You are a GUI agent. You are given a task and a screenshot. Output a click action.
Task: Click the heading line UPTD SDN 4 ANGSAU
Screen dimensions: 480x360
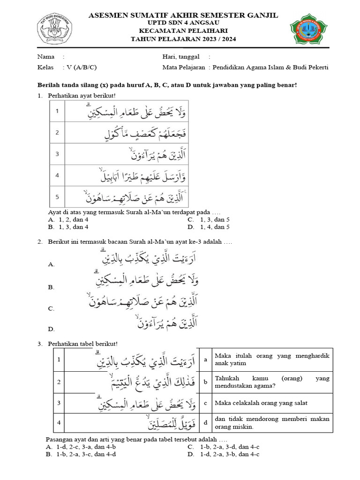pyautogui.click(x=183, y=22)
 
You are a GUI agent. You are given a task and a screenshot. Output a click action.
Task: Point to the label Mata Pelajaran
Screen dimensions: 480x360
pyautogui.click(x=184, y=67)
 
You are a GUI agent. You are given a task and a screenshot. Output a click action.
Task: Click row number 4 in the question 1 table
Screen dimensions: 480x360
pyautogui.click(x=57, y=176)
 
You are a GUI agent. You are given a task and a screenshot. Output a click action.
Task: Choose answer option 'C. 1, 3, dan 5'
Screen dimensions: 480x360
pyautogui.click(x=209, y=219)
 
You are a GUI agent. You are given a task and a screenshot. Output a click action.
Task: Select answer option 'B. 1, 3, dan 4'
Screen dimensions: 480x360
pyautogui.click(x=68, y=227)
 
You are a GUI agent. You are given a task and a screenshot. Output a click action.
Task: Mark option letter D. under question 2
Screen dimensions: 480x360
pyautogui.click(x=52, y=330)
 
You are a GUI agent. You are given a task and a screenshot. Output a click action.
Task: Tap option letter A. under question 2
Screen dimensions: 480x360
pyautogui.click(x=52, y=265)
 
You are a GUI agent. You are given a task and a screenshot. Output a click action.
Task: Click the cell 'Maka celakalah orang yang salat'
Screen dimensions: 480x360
pyautogui.click(x=255, y=403)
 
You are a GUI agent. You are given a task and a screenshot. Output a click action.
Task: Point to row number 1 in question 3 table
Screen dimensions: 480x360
pyautogui.click(x=59, y=359)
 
